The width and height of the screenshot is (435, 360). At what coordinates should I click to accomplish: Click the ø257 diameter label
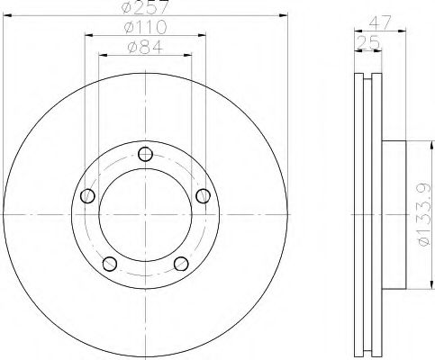[x=145, y=8]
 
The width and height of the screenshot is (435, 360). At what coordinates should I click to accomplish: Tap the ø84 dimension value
[x=145, y=47]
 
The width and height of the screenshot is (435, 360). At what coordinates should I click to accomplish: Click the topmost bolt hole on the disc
[x=145, y=154]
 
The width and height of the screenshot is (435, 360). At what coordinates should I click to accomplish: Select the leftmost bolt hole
[x=87, y=195]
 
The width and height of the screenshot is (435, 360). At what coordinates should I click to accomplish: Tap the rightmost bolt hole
[x=203, y=195]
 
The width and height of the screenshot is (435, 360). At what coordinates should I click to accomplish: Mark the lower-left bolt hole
[x=110, y=263]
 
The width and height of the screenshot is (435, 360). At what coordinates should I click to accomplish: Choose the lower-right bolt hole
[x=180, y=263]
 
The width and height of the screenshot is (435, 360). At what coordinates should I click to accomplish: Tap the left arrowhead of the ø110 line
[x=88, y=36]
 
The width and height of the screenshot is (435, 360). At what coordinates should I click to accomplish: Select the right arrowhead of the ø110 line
[x=202, y=36]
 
